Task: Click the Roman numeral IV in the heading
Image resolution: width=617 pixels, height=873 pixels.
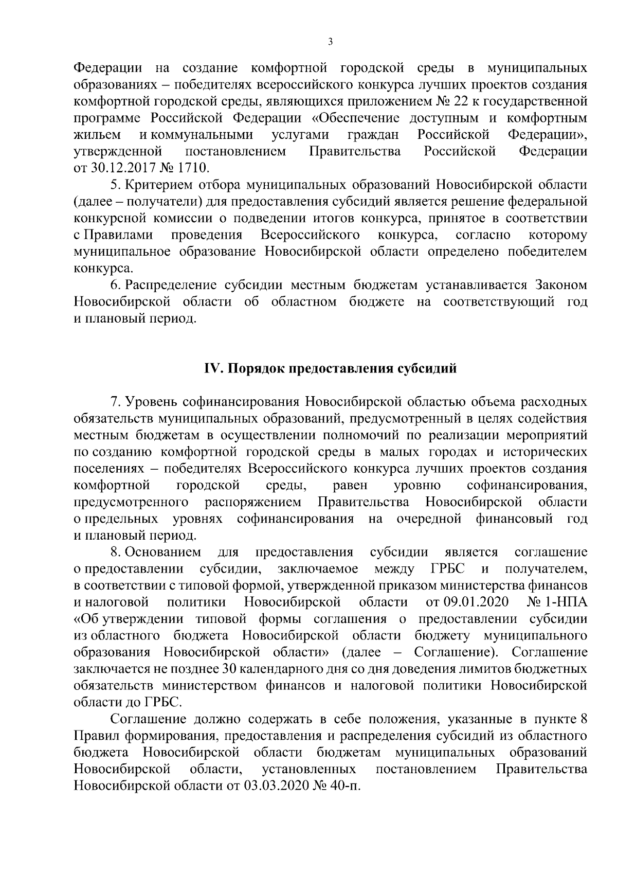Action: coord(212,369)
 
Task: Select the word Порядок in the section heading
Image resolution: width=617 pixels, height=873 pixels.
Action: coord(252,369)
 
